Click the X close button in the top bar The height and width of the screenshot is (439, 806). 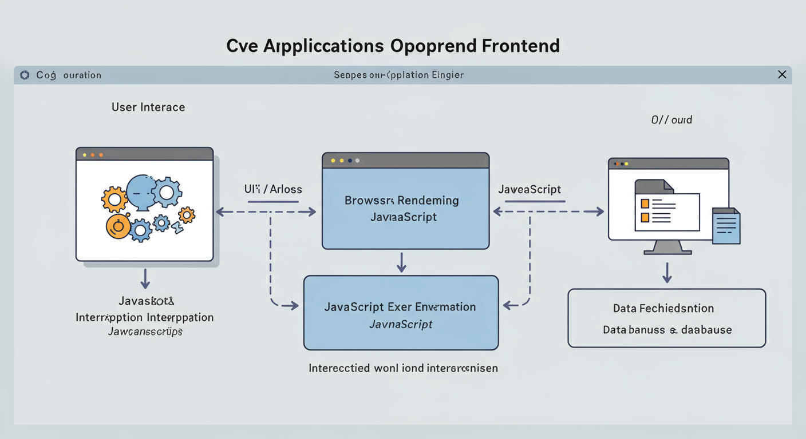782,75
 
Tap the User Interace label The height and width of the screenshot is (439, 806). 148,107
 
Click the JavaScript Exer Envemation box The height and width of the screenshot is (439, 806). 401,313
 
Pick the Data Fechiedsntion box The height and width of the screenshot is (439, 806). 666,318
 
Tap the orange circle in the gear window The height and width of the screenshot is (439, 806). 118,227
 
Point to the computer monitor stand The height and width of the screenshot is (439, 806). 667,247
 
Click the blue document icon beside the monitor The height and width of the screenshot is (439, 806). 726,226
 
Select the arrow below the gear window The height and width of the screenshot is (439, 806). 145,278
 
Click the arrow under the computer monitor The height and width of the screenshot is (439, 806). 667,273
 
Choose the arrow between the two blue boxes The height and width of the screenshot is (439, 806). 401,262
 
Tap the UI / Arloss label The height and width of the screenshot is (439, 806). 273,189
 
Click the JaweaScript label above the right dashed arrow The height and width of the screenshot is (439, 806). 530,189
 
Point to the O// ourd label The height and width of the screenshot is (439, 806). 671,120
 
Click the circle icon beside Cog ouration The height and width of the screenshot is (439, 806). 25,75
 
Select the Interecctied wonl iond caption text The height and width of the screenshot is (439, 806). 403,368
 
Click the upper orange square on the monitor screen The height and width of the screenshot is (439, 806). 645,203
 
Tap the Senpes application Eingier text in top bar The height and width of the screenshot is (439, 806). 398,75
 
